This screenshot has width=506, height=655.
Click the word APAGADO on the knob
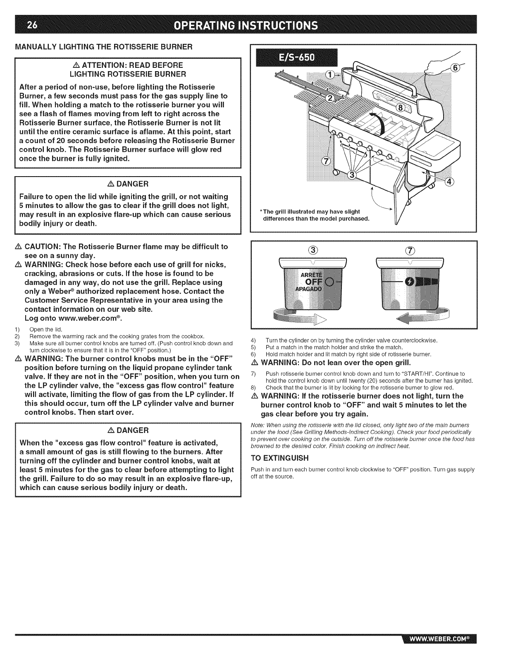(310, 289)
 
